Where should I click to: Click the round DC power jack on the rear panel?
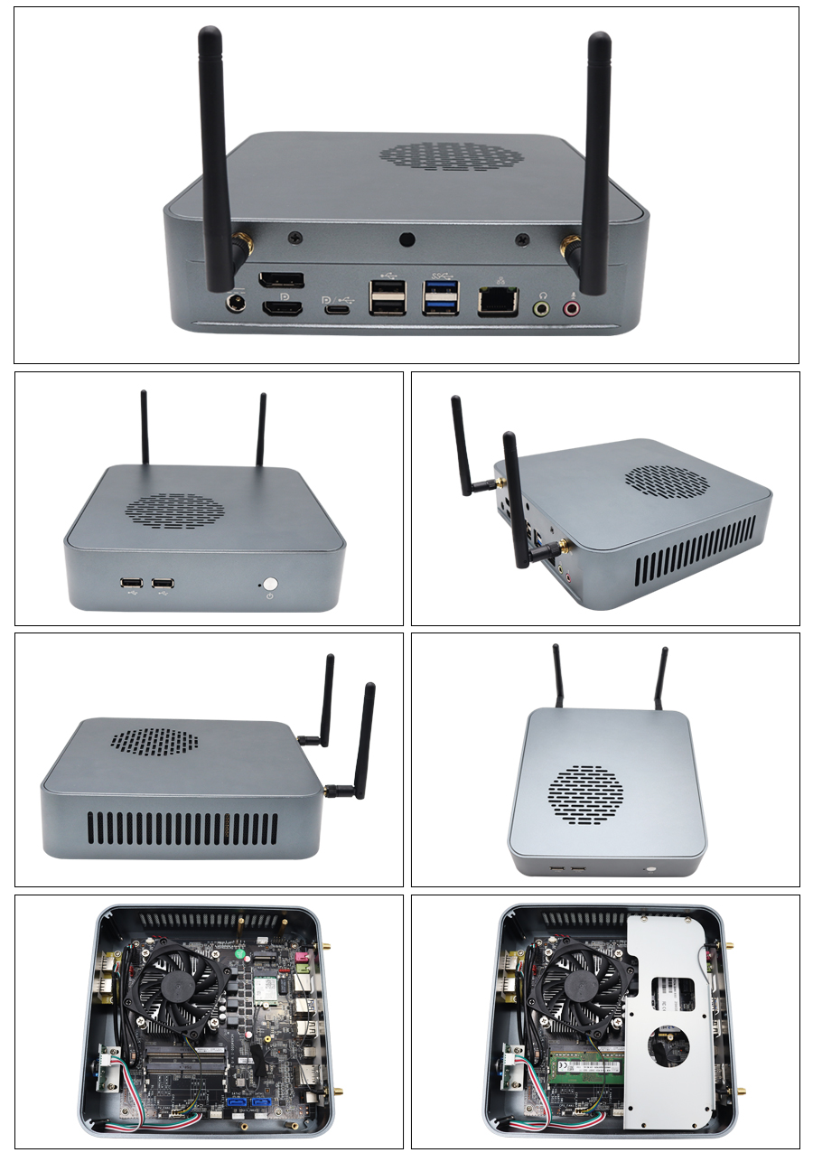237,302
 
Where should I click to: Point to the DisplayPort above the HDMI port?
281,281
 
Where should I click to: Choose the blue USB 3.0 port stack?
441,296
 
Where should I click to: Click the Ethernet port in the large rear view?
498,301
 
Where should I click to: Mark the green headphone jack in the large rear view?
542,308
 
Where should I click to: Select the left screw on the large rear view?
295,239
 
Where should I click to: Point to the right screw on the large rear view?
521,239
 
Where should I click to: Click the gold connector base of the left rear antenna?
242,245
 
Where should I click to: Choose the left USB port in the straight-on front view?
130,585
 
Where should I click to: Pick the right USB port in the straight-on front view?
164,585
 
